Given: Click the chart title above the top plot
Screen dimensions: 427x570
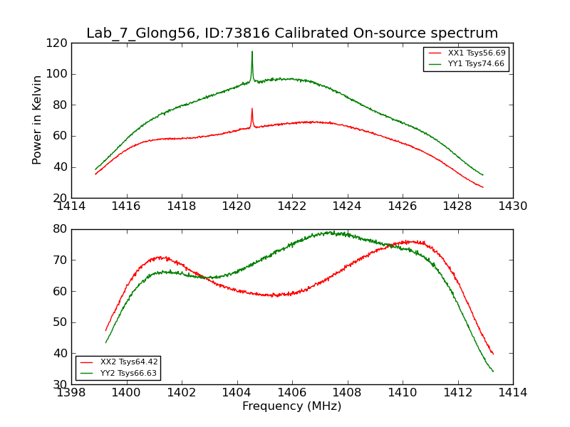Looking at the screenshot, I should [292, 33].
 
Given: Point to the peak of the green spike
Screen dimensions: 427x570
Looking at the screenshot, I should [252, 51].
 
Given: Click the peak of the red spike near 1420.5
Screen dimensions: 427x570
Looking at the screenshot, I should [252, 109].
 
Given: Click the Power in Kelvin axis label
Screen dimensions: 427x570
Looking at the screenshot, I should [37, 120].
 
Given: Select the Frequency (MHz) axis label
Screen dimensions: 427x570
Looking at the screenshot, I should [292, 406].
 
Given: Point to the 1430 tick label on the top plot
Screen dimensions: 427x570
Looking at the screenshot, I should [512, 206].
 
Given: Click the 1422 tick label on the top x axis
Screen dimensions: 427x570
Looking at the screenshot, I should [292, 206].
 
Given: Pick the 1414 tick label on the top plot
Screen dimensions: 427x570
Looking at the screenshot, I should [71, 206].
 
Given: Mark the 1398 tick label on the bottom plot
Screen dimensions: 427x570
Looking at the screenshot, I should [71, 392].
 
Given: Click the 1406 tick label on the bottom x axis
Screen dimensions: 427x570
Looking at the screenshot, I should [292, 392].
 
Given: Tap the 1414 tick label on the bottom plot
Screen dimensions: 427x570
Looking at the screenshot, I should [512, 392].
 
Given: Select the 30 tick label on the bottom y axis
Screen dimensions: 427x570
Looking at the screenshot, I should [60, 384].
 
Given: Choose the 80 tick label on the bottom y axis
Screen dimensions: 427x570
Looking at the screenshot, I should [60, 229].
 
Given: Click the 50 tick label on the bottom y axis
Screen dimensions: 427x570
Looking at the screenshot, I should [60, 322].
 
